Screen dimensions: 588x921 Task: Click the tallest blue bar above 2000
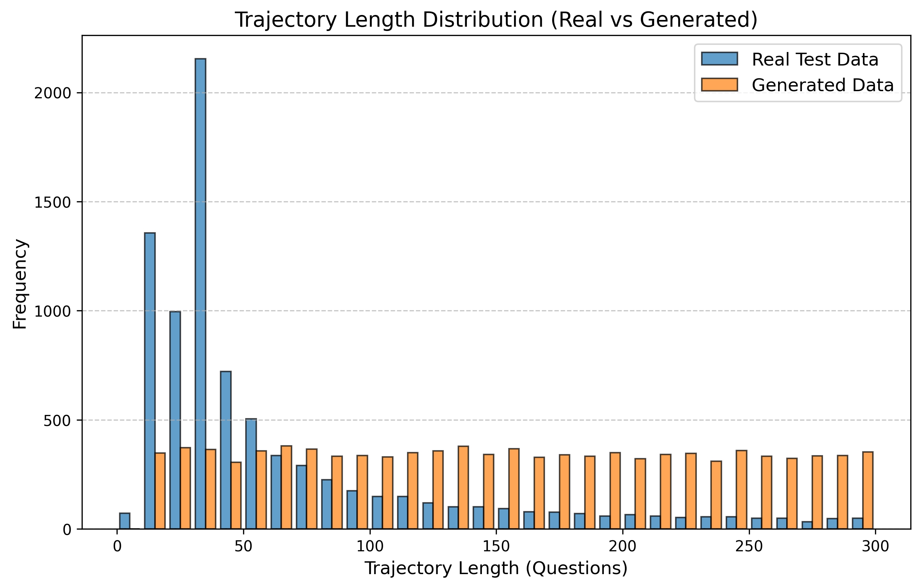pos(200,294)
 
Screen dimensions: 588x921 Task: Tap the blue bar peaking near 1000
pos(175,420)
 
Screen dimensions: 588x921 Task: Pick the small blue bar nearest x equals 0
pos(125,521)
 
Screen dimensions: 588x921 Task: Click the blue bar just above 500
pos(251,474)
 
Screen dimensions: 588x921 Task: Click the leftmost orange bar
pos(160,491)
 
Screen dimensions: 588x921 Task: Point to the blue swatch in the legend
pos(719,59)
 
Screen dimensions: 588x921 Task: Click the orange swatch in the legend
pos(719,85)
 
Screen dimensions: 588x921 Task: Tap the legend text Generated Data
pos(823,85)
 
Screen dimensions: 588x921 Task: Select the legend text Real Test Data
pos(815,59)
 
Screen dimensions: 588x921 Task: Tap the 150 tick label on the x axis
pos(496,547)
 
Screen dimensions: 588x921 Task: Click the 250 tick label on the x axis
pos(749,547)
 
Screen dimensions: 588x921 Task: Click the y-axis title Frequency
pos(20,284)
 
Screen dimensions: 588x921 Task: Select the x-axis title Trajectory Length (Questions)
pos(496,568)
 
